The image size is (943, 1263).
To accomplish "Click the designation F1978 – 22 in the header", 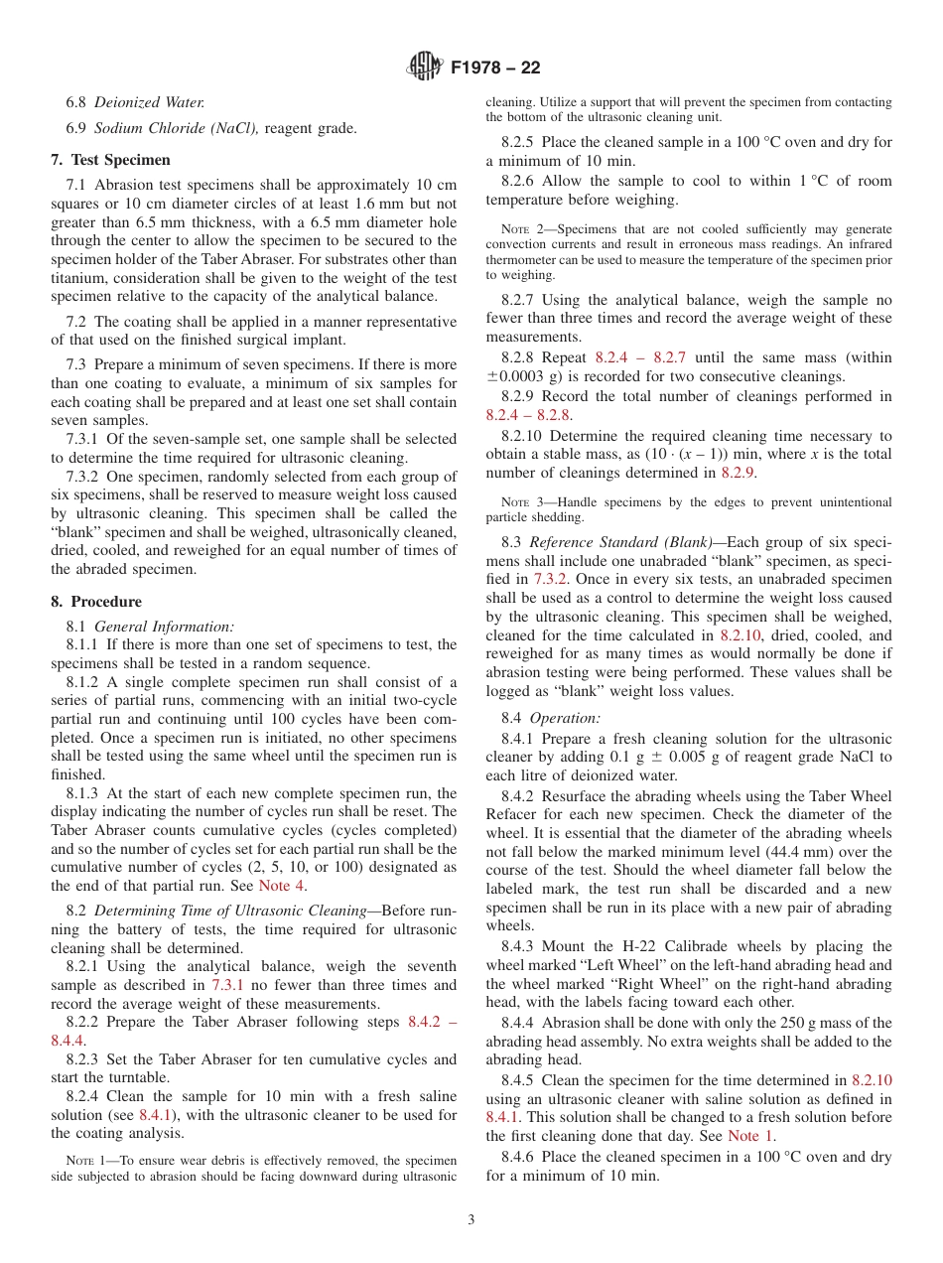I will pyautogui.click(x=495, y=69).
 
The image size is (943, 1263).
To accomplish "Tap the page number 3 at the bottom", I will pyautogui.click(x=471, y=1219).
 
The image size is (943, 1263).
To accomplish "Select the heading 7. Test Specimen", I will pyautogui.click(x=110, y=160).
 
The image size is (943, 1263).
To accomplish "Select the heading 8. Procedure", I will pyautogui.click(x=96, y=602).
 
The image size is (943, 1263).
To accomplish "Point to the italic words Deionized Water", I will pyautogui.click(x=149, y=102).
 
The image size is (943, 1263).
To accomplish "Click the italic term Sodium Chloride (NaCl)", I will pyautogui.click(x=177, y=127).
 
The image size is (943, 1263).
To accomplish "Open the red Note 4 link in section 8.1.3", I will pyautogui.click(x=282, y=886).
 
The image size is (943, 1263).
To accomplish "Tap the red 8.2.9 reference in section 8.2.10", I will pyautogui.click(x=738, y=473).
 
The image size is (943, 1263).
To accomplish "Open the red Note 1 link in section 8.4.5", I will pyautogui.click(x=749, y=1136).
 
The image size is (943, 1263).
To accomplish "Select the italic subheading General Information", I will pyautogui.click(x=164, y=626).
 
